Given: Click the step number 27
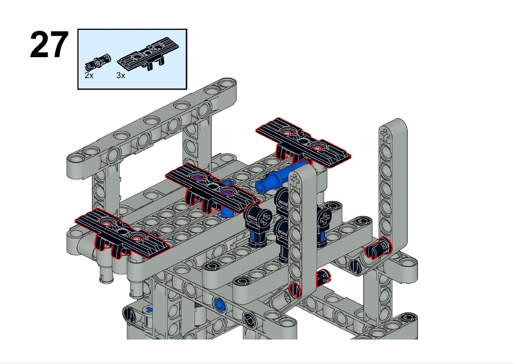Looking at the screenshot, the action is click(49, 45).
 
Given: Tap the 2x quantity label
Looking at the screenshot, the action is click(89, 75).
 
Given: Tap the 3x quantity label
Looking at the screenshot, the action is click(121, 75).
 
